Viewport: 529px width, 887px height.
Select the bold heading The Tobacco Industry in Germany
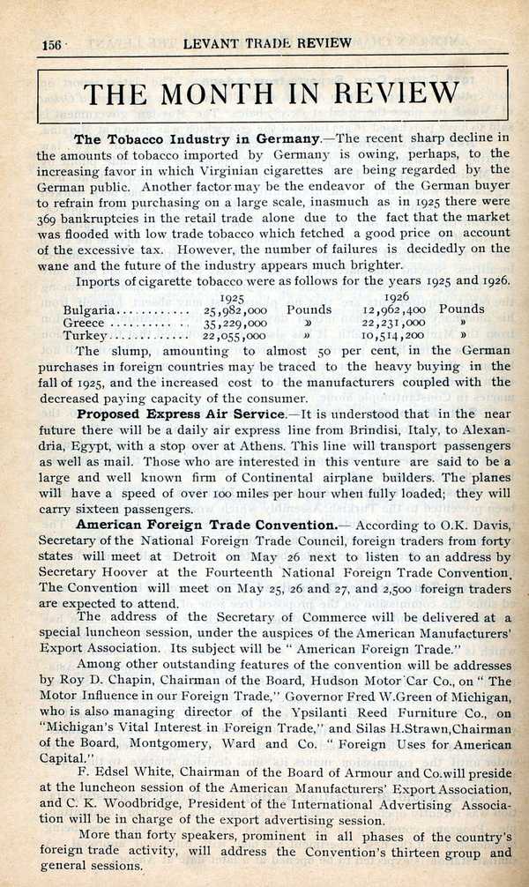[x=196, y=138]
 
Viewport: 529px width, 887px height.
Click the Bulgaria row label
[x=89, y=309]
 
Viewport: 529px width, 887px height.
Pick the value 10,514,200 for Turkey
[x=393, y=336]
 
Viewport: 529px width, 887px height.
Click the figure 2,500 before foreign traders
[x=398, y=588]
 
